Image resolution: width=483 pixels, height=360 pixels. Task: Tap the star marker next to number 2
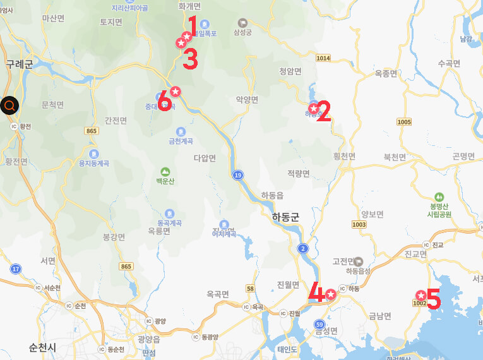click(x=313, y=109)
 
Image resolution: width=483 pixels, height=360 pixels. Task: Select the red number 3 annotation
click(x=190, y=59)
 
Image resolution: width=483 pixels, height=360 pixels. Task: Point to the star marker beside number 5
click(x=420, y=295)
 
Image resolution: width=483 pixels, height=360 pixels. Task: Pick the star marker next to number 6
click(x=176, y=92)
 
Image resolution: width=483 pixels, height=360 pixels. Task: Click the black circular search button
click(x=10, y=105)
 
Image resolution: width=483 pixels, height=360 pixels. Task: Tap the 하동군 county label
click(x=285, y=217)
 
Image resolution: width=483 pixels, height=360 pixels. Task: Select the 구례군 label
click(x=18, y=64)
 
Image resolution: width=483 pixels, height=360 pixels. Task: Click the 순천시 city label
click(x=42, y=347)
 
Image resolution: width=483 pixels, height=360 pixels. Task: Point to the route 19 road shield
click(x=237, y=175)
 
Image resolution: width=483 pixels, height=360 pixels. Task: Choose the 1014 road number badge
click(x=323, y=58)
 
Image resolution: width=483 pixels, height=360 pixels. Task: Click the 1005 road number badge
click(x=404, y=121)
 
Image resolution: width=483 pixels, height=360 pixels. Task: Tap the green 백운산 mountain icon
click(x=165, y=171)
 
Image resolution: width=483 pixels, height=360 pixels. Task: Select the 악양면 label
click(x=247, y=99)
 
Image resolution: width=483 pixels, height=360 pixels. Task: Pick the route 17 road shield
click(x=16, y=269)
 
